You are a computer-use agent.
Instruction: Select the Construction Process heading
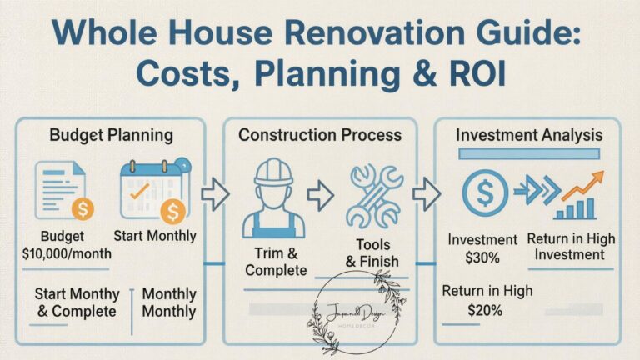pyautogui.click(x=320, y=134)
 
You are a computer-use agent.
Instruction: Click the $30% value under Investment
pyautogui.click(x=482, y=257)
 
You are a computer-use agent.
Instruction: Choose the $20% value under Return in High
pyautogui.click(x=482, y=310)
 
